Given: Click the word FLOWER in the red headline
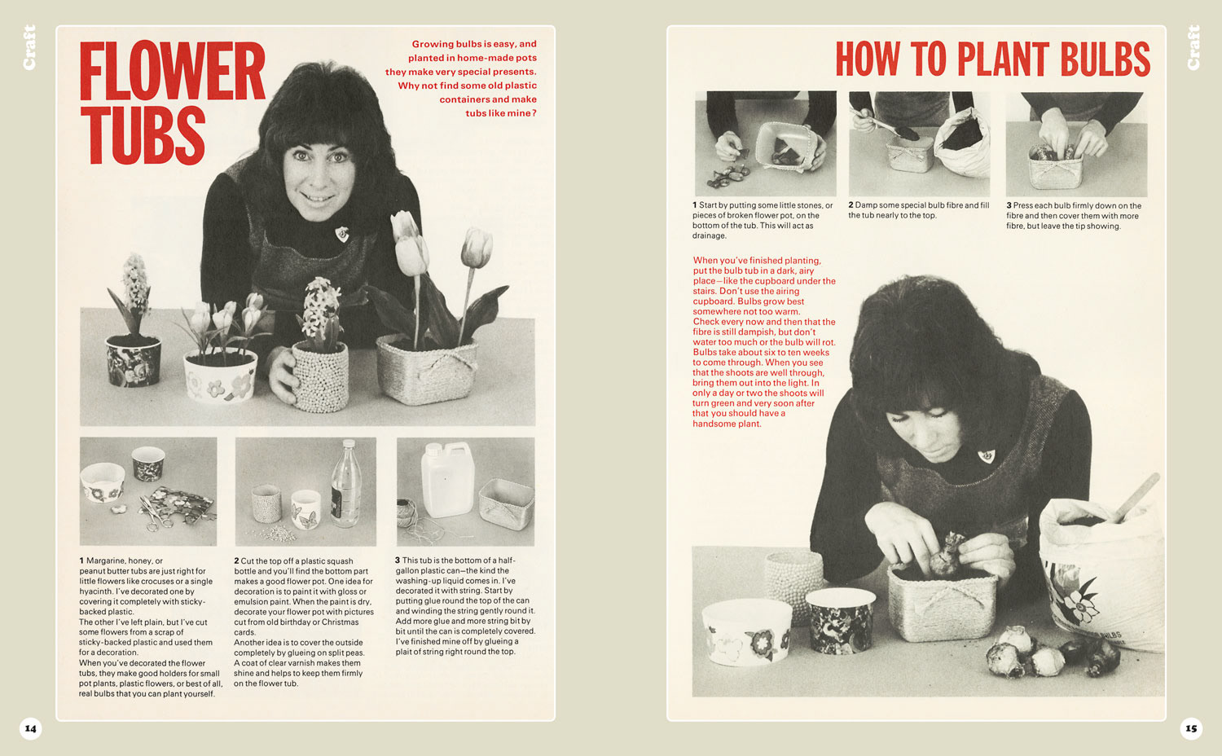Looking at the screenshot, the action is point(173,71).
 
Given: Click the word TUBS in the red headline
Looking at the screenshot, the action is point(143,134).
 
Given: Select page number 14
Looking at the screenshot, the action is point(31,728).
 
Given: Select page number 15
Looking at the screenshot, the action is point(1191,728).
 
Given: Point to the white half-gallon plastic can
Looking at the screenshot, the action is point(447,480).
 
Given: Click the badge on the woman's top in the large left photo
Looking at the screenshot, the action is point(342,234).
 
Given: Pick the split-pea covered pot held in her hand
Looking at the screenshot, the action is point(320,376).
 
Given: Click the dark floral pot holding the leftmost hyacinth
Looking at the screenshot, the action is point(133,361).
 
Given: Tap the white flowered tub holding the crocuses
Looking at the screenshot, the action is point(220,376).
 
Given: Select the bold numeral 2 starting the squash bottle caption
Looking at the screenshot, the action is point(236,560).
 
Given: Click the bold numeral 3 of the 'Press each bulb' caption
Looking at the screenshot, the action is point(1009,205).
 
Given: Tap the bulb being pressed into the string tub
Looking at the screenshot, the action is point(947,555).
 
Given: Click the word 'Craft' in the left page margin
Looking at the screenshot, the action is point(29,47).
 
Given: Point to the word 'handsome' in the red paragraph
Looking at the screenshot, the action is point(712,424).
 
